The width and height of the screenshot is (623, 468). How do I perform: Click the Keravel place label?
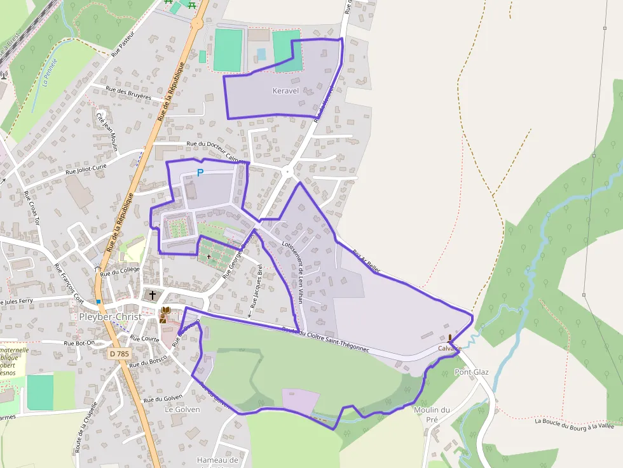(285, 91)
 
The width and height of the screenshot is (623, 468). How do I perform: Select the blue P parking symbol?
(200, 172)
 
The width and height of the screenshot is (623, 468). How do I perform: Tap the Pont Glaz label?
(472, 371)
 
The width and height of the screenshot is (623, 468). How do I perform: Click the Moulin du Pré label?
(432, 415)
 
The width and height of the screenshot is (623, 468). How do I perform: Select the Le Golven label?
(182, 410)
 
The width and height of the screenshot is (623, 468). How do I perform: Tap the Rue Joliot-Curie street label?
(86, 169)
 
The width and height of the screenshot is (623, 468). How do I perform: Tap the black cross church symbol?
(152, 295)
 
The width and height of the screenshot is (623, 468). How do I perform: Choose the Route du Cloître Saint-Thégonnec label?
(325, 340)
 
